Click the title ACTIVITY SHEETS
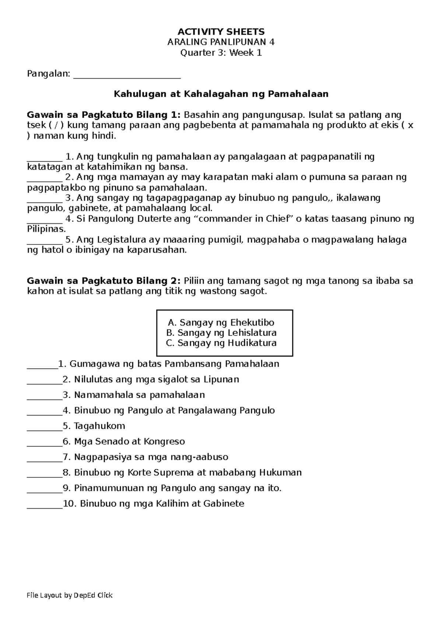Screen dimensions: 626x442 [221, 31]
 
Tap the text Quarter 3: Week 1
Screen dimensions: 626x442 [221, 53]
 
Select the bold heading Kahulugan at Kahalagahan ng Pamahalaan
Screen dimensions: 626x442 [221, 94]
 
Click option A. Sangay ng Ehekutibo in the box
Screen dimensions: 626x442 [221, 323]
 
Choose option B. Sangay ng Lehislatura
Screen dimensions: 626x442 [221, 333]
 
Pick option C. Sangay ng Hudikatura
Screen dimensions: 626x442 [221, 343]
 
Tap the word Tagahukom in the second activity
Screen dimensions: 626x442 [99, 426]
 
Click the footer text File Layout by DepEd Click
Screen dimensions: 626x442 [70, 595]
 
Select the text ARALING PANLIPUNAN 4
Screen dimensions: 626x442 [221, 42]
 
